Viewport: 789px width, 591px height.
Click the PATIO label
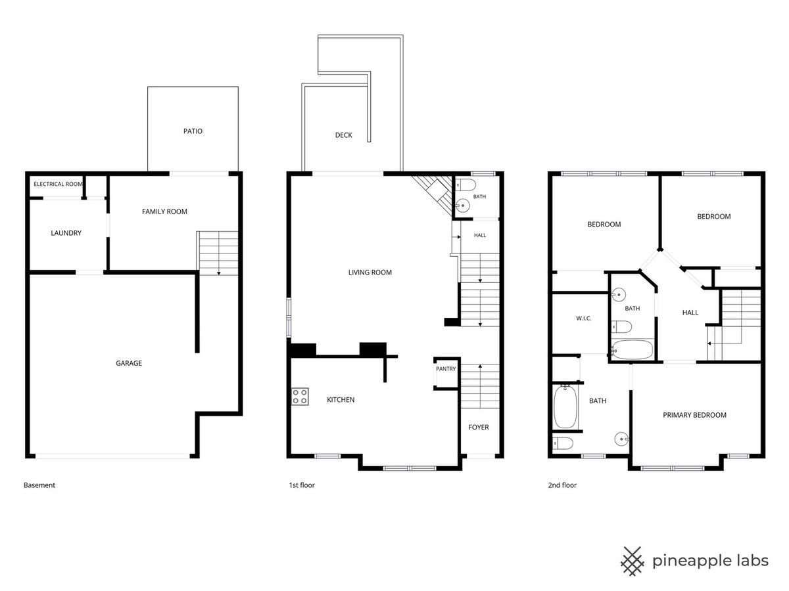(x=193, y=131)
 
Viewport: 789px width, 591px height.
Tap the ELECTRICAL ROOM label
(x=58, y=184)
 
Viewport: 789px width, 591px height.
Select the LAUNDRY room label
(x=66, y=233)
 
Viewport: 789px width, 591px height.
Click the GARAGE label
(x=129, y=363)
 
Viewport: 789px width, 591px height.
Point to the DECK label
(x=343, y=135)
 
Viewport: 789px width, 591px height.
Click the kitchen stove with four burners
(x=300, y=397)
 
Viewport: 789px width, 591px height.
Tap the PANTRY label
(x=446, y=369)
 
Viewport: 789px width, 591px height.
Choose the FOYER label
(x=479, y=427)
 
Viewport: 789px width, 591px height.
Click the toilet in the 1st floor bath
(x=466, y=185)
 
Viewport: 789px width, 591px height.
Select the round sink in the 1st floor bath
(x=463, y=206)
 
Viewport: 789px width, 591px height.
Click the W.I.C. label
(x=583, y=318)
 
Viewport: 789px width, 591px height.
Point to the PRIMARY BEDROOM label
(x=694, y=415)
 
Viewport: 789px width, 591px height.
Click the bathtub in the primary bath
(x=565, y=407)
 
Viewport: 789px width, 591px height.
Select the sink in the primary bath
(x=621, y=439)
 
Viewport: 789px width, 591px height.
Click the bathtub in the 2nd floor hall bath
(x=633, y=350)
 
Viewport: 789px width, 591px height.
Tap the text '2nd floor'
(x=562, y=485)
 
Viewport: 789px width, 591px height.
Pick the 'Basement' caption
(x=39, y=485)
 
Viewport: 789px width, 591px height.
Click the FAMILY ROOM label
(x=164, y=211)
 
